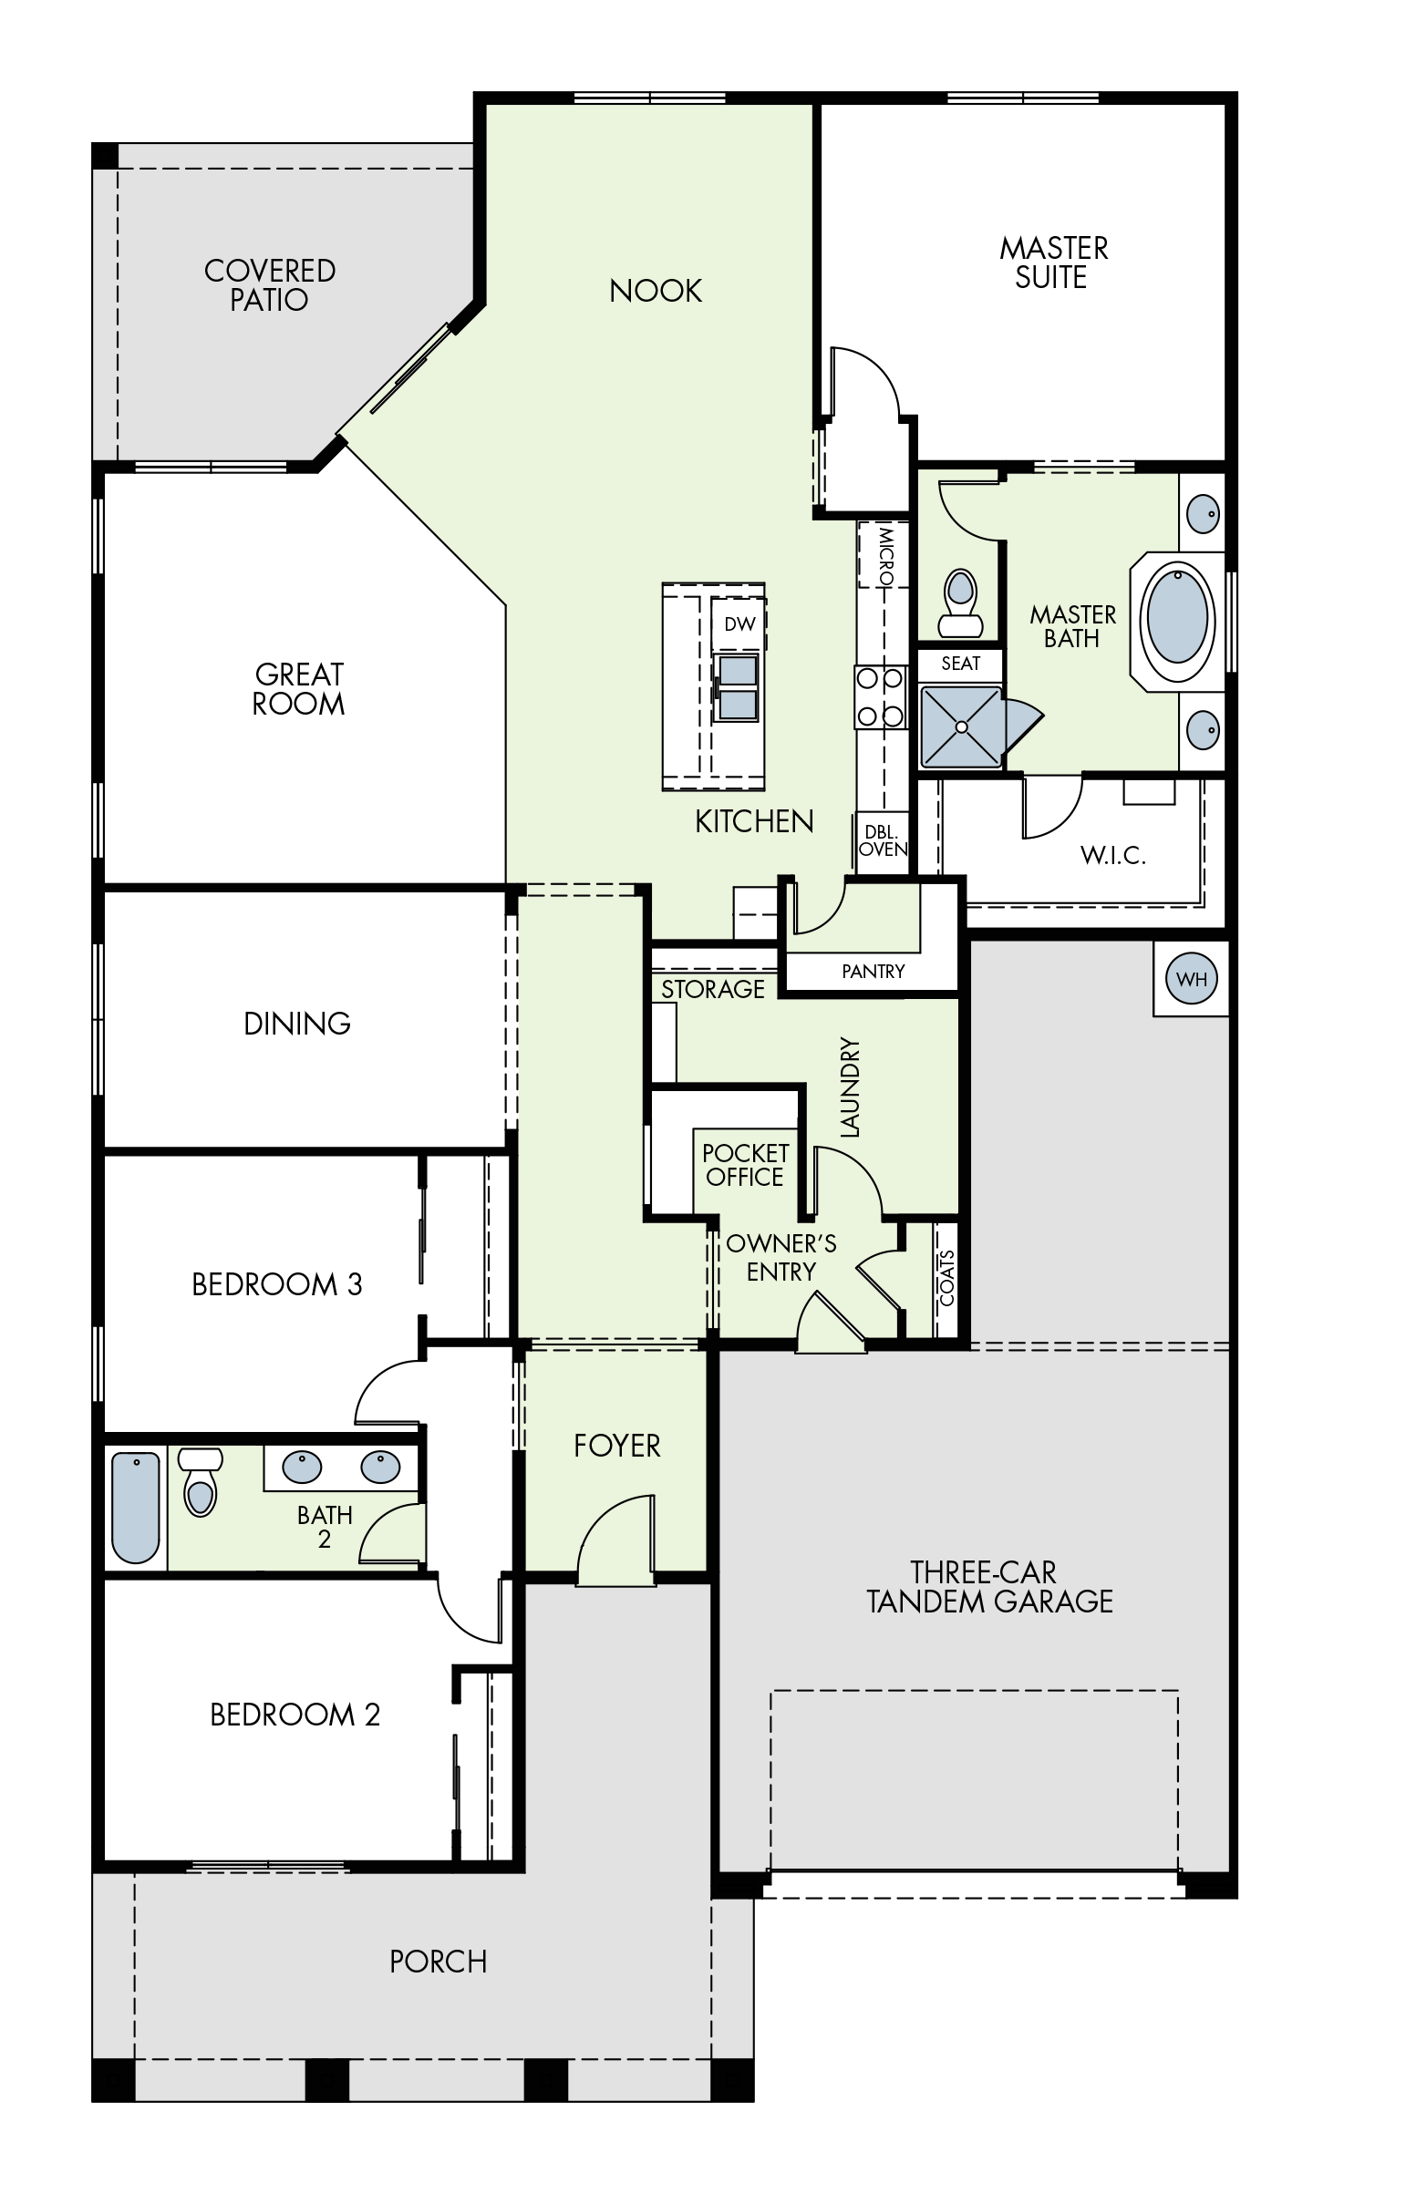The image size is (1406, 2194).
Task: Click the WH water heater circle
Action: [1192, 979]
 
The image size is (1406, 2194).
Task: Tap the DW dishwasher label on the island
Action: [739, 624]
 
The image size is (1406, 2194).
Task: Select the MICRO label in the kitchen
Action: [885, 555]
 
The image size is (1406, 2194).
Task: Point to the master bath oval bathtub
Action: [1177, 618]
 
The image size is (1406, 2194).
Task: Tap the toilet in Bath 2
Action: [200, 1483]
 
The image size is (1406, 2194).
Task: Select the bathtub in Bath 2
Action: [135, 1507]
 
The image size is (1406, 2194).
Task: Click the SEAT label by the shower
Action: [960, 664]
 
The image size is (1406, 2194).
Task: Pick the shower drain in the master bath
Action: [961, 726]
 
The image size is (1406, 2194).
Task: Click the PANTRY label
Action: [873, 971]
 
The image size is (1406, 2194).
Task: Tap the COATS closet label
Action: [946, 1278]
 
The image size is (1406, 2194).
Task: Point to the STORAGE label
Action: [713, 988]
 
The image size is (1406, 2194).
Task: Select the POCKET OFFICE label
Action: [745, 1166]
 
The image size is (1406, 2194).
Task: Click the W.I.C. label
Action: [1113, 855]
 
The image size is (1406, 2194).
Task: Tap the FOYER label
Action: [617, 1446]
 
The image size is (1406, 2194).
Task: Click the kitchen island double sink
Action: [738, 687]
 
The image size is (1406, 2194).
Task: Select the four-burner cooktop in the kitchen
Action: [880, 697]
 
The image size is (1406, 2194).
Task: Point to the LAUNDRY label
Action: [849, 1087]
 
